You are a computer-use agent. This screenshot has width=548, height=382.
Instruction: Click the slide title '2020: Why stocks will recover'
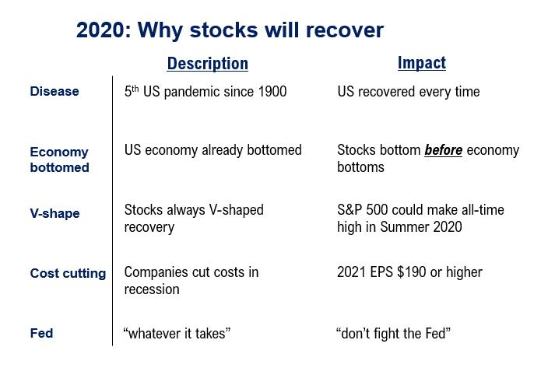(x=230, y=30)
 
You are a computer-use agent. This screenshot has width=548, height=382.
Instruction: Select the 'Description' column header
(x=208, y=64)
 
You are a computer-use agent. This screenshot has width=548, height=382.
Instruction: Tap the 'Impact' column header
(x=421, y=63)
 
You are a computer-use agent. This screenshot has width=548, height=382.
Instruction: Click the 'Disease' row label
(x=54, y=92)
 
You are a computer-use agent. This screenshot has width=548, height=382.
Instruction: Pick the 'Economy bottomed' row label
(x=59, y=159)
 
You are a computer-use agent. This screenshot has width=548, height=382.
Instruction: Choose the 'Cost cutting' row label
(x=68, y=273)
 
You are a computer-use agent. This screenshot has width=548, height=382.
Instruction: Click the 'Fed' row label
(x=41, y=333)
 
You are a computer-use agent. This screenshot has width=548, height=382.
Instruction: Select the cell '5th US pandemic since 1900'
(x=205, y=92)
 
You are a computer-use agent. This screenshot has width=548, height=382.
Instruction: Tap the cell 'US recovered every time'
(x=409, y=92)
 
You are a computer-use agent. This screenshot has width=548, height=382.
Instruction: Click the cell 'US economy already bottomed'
(x=213, y=150)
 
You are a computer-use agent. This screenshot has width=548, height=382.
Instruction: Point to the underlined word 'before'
(x=444, y=150)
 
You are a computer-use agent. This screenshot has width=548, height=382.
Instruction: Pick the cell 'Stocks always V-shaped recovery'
(x=194, y=219)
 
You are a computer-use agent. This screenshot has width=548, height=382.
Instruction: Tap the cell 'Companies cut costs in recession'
(x=191, y=281)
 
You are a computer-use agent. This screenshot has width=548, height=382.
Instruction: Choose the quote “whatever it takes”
(x=177, y=334)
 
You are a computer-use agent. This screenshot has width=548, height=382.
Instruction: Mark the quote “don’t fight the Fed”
(x=394, y=334)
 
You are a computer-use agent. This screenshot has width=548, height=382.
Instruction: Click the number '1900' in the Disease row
(x=271, y=92)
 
